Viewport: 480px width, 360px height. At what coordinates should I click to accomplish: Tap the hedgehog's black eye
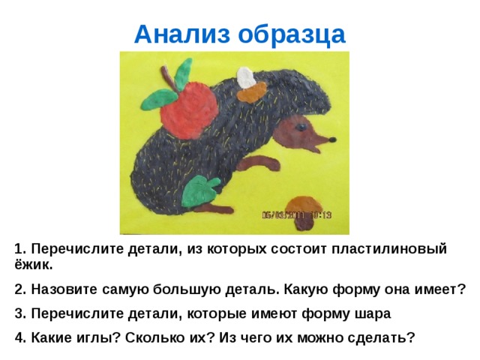(301, 128)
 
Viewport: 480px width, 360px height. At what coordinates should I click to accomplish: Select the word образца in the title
(289, 34)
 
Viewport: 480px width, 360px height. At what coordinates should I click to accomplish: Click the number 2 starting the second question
(18, 289)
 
